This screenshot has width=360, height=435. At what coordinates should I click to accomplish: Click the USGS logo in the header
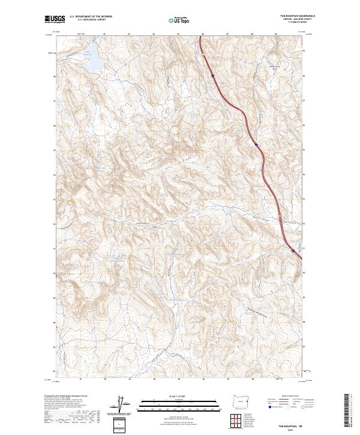pyautogui.click(x=54, y=20)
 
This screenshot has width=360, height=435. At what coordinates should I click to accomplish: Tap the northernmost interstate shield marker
pyautogui.click(x=213, y=76)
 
